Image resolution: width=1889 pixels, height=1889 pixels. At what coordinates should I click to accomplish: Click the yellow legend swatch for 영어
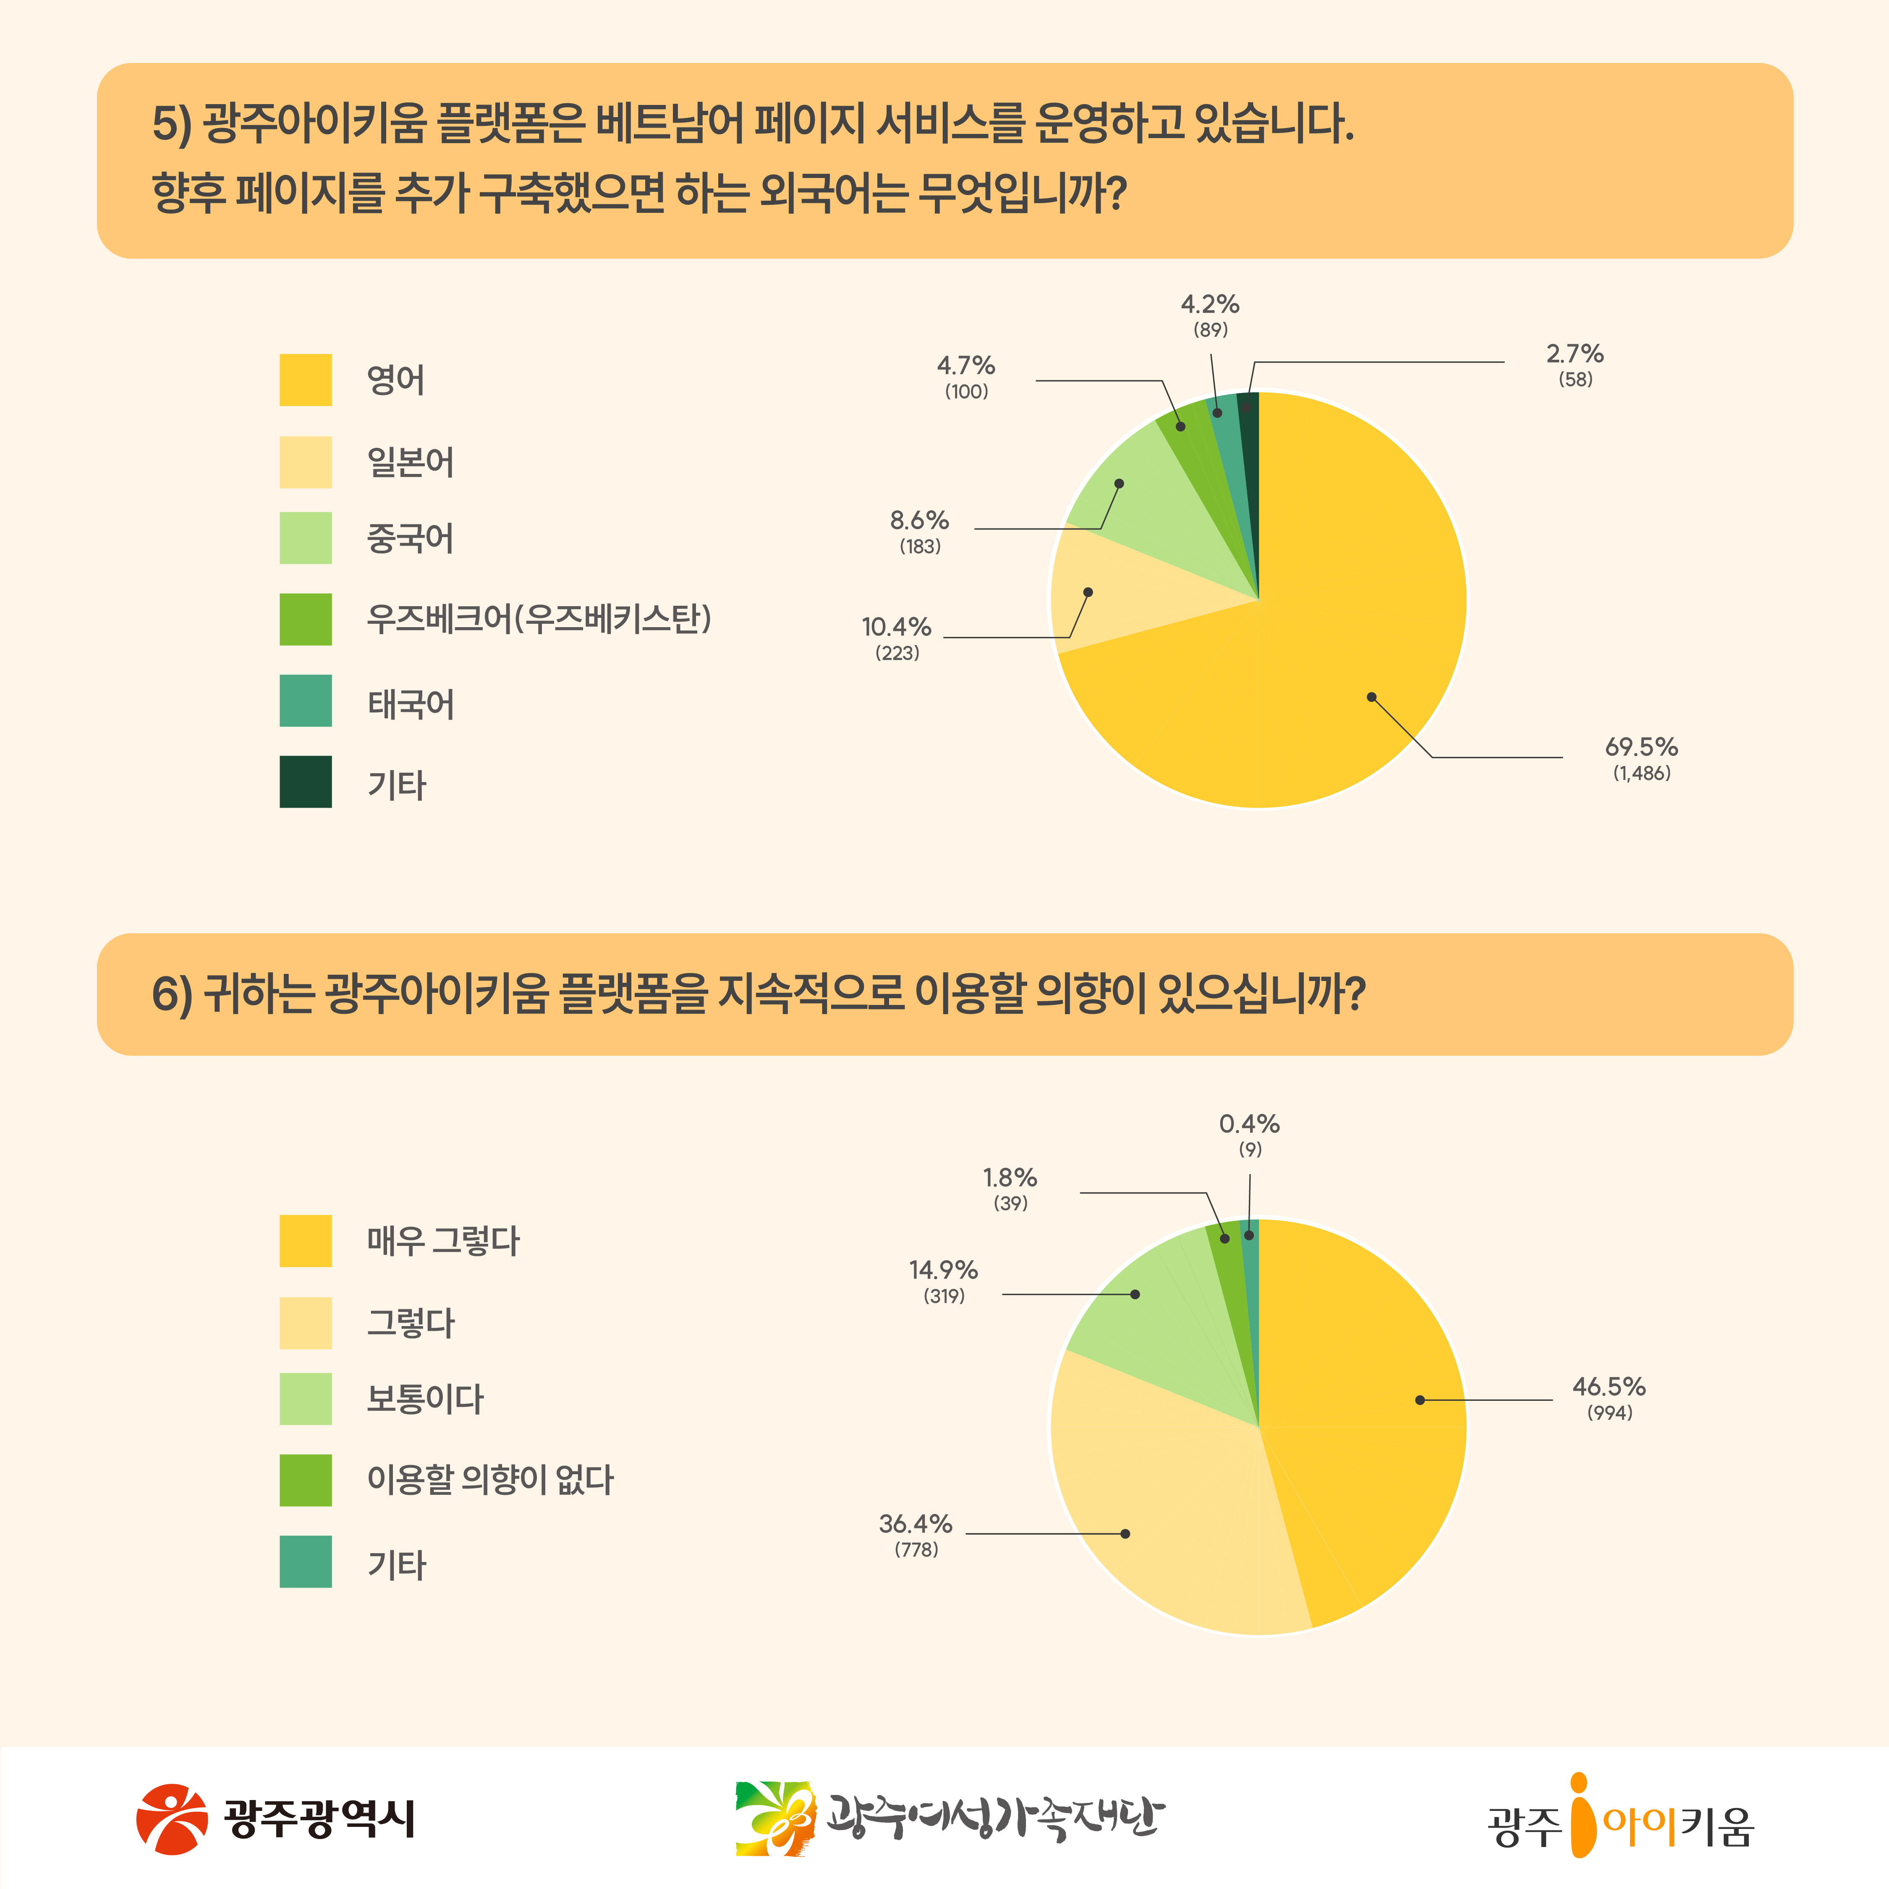[305, 379]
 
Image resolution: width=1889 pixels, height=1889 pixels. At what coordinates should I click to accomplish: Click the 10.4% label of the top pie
[896, 627]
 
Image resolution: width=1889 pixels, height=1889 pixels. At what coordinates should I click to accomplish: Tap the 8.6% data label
[919, 520]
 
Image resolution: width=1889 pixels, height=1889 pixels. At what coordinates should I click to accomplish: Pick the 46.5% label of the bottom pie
[1609, 1387]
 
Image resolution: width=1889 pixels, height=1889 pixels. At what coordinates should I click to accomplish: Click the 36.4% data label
[915, 1523]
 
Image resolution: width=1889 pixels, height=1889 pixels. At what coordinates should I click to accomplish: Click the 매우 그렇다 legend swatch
[305, 1241]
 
